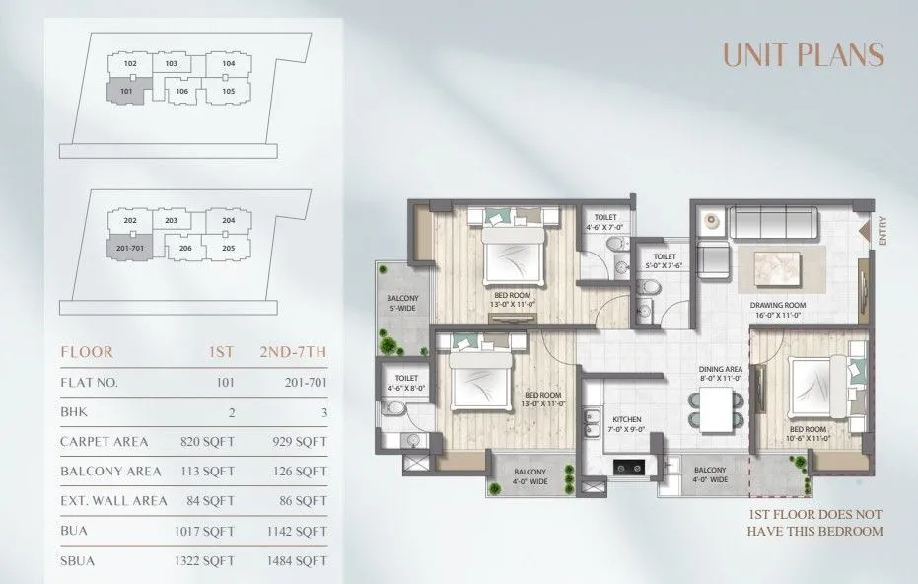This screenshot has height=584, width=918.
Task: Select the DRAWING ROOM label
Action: pyautogui.click(x=778, y=310)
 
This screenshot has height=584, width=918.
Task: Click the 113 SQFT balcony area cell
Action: pyautogui.click(x=211, y=472)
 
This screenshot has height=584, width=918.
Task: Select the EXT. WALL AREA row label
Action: pyautogui.click(x=113, y=501)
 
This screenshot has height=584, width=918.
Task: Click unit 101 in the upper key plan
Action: pyautogui.click(x=126, y=92)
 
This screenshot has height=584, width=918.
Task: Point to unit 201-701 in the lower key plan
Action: pyautogui.click(x=127, y=248)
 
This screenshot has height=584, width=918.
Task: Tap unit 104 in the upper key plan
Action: pyautogui.click(x=228, y=64)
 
